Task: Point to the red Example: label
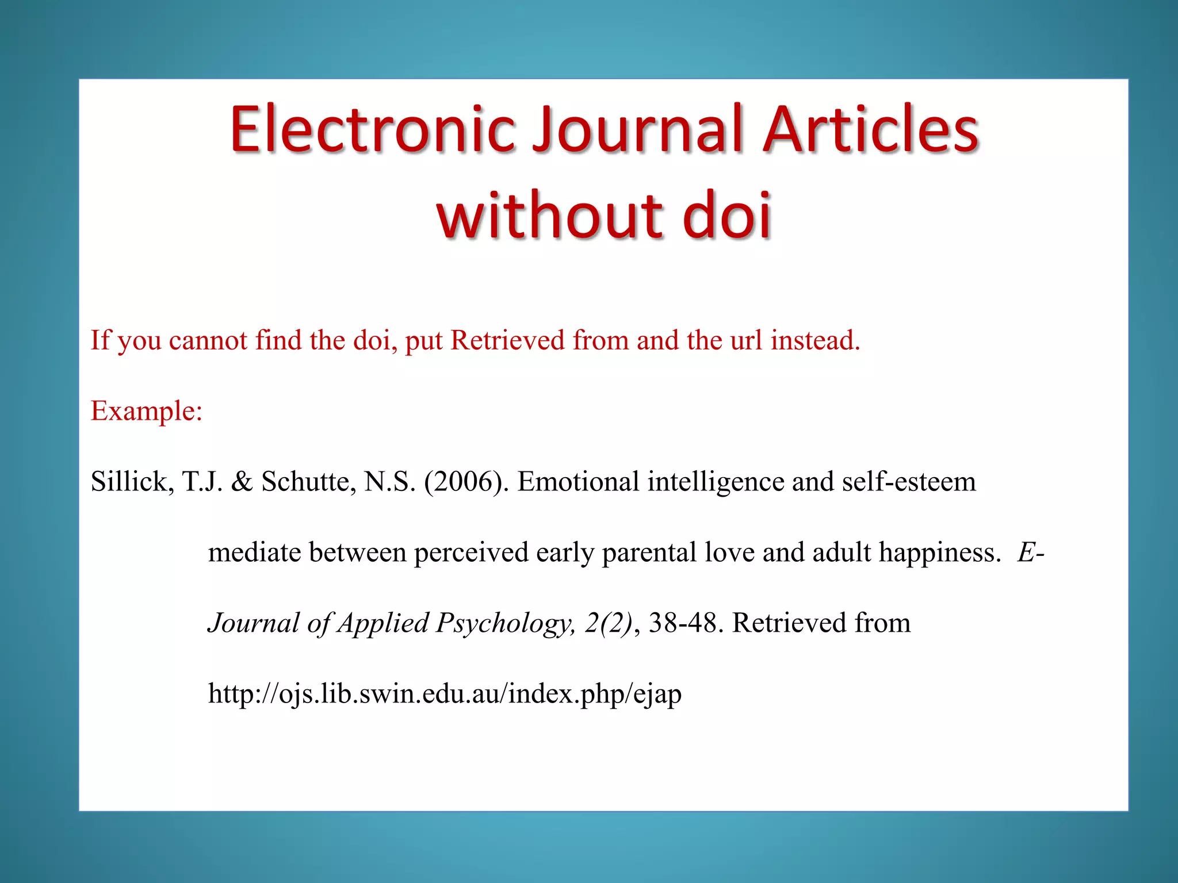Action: pos(147,411)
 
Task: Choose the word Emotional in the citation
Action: pos(578,482)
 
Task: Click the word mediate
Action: pos(254,552)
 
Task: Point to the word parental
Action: pos(649,552)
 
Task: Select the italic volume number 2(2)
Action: pos(609,623)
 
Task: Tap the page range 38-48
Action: pos(683,623)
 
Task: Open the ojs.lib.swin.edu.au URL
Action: pos(445,694)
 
